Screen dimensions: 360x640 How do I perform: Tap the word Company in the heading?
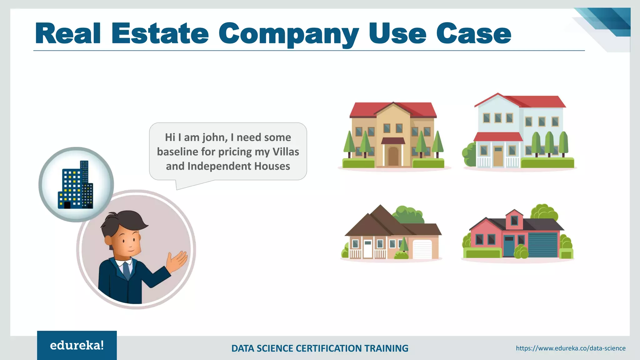click(288, 34)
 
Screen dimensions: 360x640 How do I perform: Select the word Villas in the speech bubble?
click(286, 152)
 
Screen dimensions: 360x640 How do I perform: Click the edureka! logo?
click(77, 345)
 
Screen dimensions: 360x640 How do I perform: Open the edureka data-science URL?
click(571, 348)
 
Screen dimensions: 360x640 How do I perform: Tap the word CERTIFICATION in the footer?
click(329, 348)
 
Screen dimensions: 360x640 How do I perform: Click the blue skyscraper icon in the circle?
click(76, 185)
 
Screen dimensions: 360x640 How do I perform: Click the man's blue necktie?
click(127, 271)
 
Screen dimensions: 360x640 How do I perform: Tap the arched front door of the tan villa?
click(393, 156)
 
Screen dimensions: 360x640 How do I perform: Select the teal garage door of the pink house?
click(543, 245)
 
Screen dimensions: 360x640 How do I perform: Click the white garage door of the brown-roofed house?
click(422, 249)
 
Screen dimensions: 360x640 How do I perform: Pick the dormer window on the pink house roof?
click(514, 221)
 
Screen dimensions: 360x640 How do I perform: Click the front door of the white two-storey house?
click(498, 157)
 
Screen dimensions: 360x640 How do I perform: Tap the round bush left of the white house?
click(469, 154)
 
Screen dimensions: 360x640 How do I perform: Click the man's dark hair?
click(125, 220)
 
